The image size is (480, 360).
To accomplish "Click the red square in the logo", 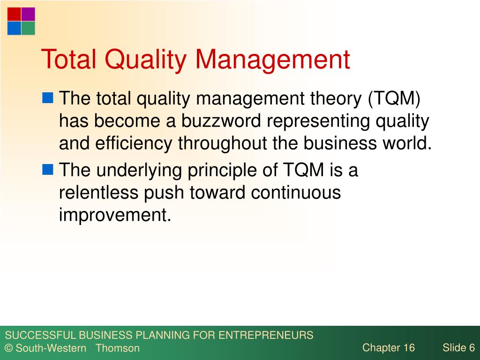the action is click(x=14, y=15).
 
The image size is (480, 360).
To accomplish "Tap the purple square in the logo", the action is click(x=28, y=15).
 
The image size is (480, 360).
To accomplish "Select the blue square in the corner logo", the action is click(x=14, y=28).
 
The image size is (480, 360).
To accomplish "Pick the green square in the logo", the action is click(x=28, y=28).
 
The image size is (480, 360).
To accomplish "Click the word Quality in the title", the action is click(x=145, y=60).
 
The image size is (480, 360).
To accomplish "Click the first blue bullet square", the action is click(x=48, y=97).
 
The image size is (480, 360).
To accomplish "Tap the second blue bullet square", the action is click(x=48, y=169).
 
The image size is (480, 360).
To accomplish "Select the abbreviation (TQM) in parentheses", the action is click(x=394, y=99).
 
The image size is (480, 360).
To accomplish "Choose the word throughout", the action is click(x=223, y=144).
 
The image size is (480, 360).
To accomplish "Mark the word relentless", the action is click(x=98, y=193).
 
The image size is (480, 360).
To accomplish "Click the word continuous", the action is click(x=296, y=193).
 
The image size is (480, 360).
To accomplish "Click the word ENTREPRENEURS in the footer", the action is click(x=266, y=335).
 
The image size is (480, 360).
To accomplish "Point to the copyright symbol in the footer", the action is click(x=8, y=348).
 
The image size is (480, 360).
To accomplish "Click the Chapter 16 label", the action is click(x=389, y=348).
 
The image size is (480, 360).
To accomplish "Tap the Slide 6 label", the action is click(x=458, y=347).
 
